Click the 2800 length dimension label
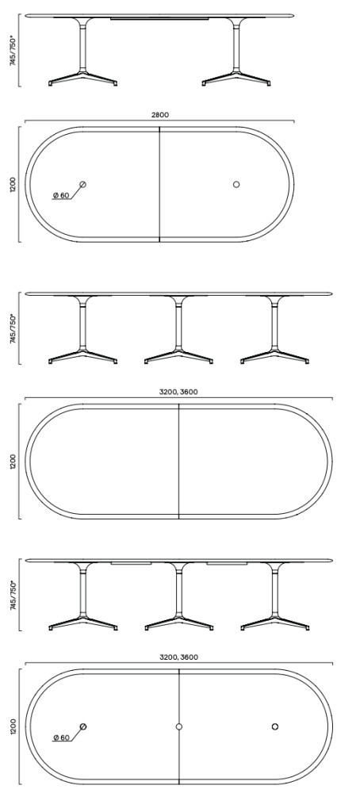[x=159, y=115]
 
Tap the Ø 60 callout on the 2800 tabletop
[x=61, y=195]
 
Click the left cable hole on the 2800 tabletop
[x=83, y=185]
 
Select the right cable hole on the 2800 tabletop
[x=236, y=185]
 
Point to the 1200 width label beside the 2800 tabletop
[x=13, y=185]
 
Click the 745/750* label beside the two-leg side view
[x=14, y=50]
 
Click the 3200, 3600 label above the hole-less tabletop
[x=178, y=392]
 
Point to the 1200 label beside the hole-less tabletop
[x=13, y=462]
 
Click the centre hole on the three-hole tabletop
[x=179, y=726]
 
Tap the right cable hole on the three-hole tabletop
[x=275, y=726]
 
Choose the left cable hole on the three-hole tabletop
[x=83, y=726]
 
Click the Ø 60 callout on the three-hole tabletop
[x=61, y=737]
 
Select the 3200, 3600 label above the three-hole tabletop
[x=178, y=657]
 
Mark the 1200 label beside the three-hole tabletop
[x=13, y=726]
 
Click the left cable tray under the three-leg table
[x=131, y=563]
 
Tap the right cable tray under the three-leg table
[x=227, y=563]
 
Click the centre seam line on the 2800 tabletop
[x=159, y=185]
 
